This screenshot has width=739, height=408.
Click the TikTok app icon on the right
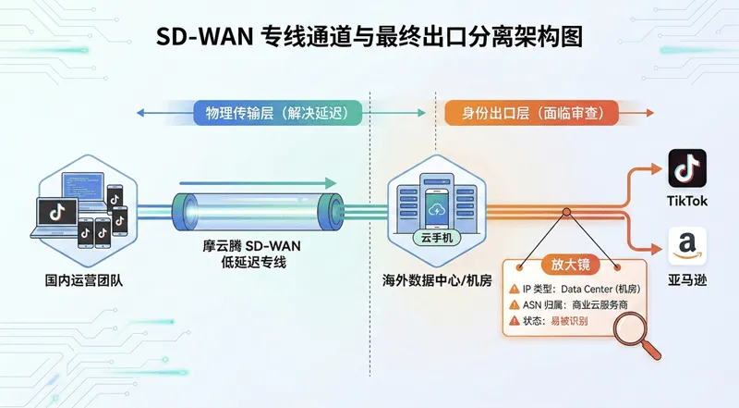686,168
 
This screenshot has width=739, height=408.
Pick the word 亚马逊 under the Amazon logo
687,278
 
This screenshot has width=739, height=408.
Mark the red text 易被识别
569,321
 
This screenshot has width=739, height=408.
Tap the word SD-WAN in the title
204,39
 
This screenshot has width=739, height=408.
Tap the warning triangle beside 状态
515,321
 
